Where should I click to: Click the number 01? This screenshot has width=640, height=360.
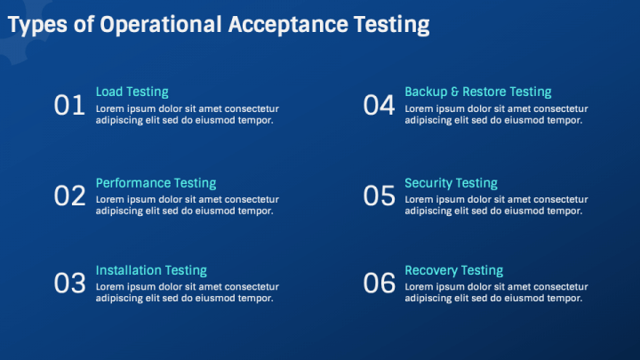(69, 105)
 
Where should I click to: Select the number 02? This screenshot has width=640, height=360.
(70, 196)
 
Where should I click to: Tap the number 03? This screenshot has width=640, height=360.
(70, 283)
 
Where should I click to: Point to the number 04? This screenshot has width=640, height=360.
(379, 105)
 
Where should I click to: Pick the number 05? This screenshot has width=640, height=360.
(380, 196)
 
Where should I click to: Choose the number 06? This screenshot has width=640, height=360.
(380, 283)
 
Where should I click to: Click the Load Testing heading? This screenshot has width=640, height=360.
(132, 92)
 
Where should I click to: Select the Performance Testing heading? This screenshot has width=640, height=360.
(156, 183)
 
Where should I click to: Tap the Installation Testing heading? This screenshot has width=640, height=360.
(151, 270)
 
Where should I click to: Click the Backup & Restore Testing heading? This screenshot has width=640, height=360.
(478, 92)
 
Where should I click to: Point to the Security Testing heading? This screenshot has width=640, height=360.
(451, 184)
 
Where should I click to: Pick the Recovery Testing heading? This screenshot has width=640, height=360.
(454, 271)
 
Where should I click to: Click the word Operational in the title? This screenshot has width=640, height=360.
(161, 25)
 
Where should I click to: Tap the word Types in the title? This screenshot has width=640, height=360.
(37, 25)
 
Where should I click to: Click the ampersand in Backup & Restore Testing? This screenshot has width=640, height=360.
(455, 92)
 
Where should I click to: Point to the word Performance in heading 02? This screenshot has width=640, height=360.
(133, 183)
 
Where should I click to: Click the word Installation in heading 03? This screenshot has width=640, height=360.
(129, 270)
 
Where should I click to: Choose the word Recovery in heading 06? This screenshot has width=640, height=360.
(431, 271)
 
